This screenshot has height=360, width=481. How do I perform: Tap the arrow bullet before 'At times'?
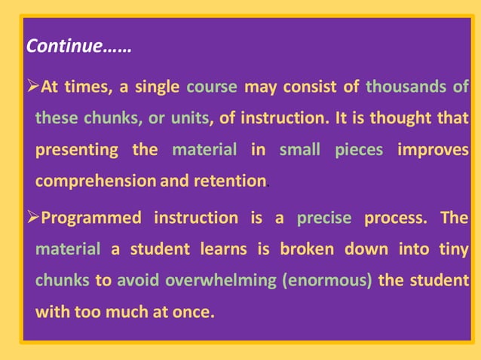[x=34, y=87]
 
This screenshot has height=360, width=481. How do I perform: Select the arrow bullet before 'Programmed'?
[x=34, y=218]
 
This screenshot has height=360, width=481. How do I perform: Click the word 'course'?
[x=211, y=87]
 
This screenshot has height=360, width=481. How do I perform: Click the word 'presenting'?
[x=76, y=149]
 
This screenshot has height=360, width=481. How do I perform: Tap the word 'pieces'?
[x=358, y=149]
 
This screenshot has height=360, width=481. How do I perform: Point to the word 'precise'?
[x=324, y=218]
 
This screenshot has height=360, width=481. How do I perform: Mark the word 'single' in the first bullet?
[x=157, y=87]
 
